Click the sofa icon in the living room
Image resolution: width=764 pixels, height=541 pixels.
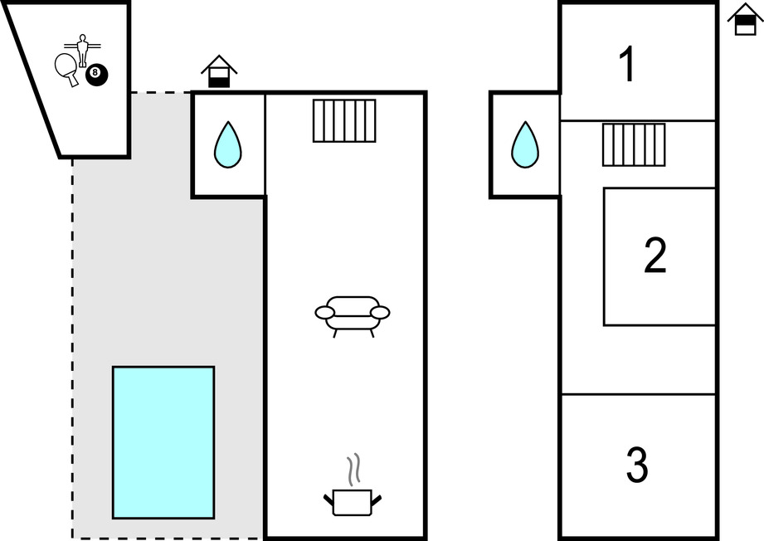tap(352, 315)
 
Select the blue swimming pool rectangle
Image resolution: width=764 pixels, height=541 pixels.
tap(163, 442)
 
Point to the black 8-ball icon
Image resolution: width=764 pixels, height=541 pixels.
tap(96, 74)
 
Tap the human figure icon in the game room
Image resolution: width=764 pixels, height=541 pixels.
tap(81, 48)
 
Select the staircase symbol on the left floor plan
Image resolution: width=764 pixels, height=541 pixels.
tap(344, 120)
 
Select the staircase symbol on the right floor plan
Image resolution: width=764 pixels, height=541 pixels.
tap(634, 144)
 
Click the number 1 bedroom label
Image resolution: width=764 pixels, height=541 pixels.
tap(628, 65)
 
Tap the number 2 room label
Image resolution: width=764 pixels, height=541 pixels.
tap(655, 256)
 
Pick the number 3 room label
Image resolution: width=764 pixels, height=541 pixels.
tap(636, 465)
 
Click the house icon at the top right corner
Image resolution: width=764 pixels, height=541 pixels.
tap(744, 19)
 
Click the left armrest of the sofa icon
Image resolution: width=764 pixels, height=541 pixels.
tap(324, 312)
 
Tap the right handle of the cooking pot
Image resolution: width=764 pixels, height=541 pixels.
tap(377, 500)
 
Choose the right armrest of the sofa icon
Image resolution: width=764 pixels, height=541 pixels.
tap(380, 312)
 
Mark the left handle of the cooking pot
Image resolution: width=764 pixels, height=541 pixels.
tap(328, 500)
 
